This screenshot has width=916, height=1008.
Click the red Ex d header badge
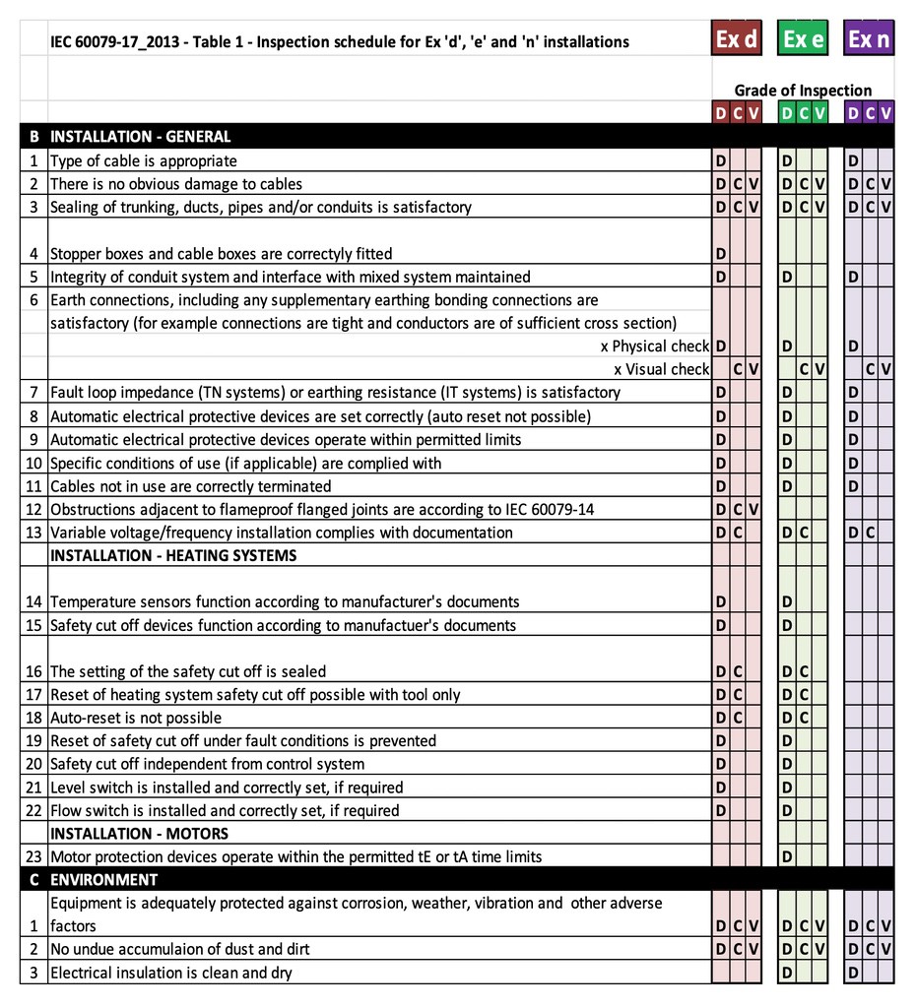pos(737,39)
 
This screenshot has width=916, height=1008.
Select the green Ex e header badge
pos(803,39)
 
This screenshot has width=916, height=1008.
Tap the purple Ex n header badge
pos(869,39)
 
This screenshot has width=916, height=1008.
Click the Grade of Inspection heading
pos(803,91)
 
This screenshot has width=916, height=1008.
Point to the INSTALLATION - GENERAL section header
pos(141,137)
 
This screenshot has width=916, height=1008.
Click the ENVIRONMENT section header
pos(103,879)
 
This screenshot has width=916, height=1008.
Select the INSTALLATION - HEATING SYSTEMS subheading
pos(173,555)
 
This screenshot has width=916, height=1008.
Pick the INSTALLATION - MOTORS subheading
pos(139,834)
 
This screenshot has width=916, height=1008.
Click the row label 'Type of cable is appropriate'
pos(144,160)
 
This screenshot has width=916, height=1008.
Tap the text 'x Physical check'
pos(654,346)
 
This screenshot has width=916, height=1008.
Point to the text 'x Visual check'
pos(661,369)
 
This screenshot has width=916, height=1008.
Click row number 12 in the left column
pos(33,509)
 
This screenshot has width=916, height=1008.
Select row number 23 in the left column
pos(33,856)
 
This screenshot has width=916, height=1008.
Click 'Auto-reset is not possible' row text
pos(136,718)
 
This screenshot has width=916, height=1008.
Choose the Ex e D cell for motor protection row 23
pos(787,856)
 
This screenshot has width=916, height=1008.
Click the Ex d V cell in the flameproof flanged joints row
pos(753,509)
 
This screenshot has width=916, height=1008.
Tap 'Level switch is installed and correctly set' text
pos(227,787)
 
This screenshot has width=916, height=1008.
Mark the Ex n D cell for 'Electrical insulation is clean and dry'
pos(853,973)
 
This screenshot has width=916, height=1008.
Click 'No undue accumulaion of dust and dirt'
pos(179,949)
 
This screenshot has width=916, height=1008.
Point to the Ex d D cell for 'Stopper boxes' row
pos(721,254)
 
